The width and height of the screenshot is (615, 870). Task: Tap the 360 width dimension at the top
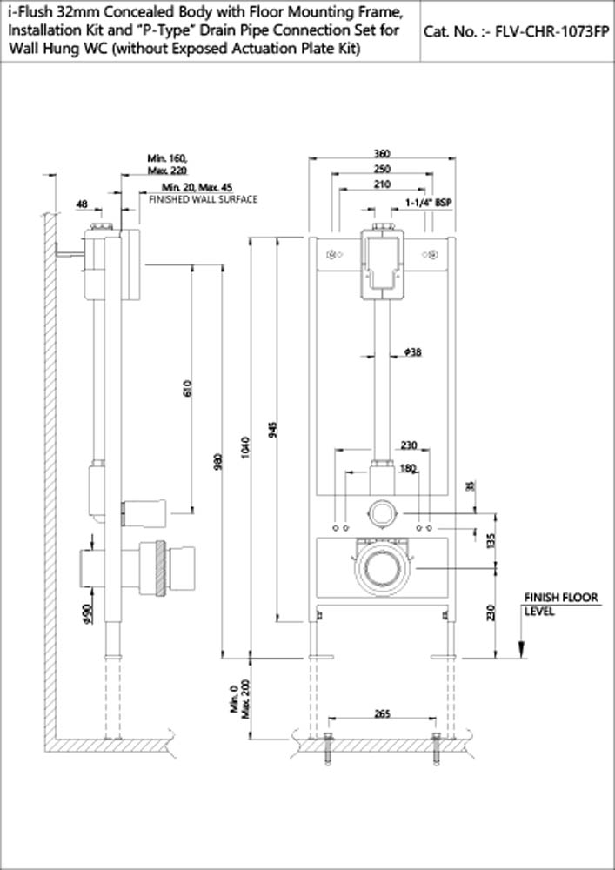(381, 154)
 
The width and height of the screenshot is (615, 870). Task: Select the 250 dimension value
(381, 169)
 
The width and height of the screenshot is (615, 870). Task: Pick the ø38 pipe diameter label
(413, 352)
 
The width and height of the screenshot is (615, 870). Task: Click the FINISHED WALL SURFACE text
(204, 199)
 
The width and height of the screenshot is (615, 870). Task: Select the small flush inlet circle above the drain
(381, 512)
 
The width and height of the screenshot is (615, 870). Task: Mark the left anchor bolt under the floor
(327, 748)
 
